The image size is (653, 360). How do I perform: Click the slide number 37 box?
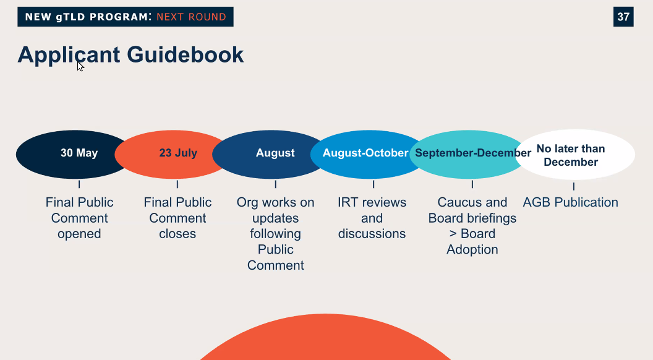623,17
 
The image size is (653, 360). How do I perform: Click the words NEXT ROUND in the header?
191,17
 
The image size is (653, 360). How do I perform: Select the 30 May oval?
73,154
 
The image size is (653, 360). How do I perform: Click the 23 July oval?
172,154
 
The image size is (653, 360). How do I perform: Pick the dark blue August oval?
270,154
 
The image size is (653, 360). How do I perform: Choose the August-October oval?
368,154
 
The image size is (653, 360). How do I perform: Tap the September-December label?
473,153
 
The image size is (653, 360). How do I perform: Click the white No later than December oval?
574,155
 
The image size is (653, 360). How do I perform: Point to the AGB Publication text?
571,202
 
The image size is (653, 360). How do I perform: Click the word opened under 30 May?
79,234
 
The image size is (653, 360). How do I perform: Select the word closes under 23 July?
177,234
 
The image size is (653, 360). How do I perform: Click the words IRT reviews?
372,202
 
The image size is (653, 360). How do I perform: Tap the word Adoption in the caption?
472,249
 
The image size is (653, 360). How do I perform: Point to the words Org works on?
275,202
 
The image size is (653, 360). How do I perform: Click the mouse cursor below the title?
80,66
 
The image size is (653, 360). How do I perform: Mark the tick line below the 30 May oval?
79,184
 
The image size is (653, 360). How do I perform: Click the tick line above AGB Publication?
574,186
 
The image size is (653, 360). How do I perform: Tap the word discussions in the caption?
372,234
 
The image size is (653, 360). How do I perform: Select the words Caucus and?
472,202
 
